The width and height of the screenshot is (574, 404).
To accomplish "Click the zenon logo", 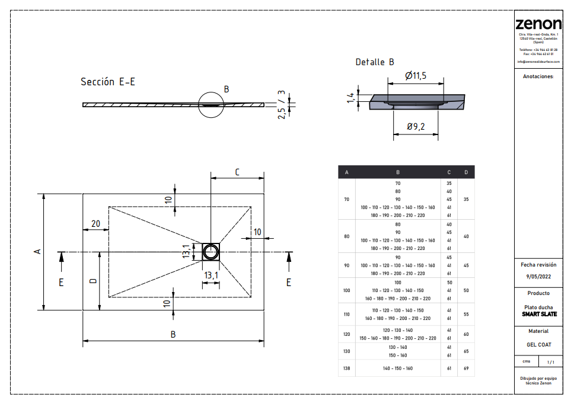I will coord(538,24).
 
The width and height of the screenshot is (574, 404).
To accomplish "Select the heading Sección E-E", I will coord(107,82).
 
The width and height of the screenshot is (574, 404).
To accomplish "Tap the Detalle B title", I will coord(374,62).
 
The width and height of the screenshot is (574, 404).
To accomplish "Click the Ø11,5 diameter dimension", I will coord(416,76).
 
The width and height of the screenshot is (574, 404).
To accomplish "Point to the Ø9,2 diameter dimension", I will coord(416,126).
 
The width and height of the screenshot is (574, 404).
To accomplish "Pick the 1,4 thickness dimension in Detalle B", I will coord(351,98).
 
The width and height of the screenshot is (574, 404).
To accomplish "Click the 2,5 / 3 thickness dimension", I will coord(282,105).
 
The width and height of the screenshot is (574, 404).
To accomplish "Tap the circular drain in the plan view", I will coord(211,252).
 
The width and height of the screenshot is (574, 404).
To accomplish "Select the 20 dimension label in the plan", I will coord(95,223).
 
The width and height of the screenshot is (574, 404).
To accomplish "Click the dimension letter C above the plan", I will coord(237,172).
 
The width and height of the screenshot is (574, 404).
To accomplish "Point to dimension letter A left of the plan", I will coord(37,252).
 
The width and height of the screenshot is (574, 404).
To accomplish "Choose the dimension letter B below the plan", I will coord(173,335).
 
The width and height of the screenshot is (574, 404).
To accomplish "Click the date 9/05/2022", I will coord(538,277).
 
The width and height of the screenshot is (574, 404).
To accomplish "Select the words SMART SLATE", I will coord(539,314).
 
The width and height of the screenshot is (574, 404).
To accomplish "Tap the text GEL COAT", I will coord(538,344).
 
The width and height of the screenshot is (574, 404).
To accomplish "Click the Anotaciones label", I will coord(538,77).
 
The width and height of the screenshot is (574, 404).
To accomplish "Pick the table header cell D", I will coord(466,172).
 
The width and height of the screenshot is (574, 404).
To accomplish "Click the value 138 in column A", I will coord(347,368).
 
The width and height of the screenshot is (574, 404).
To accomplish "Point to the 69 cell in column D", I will coord(466,368).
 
